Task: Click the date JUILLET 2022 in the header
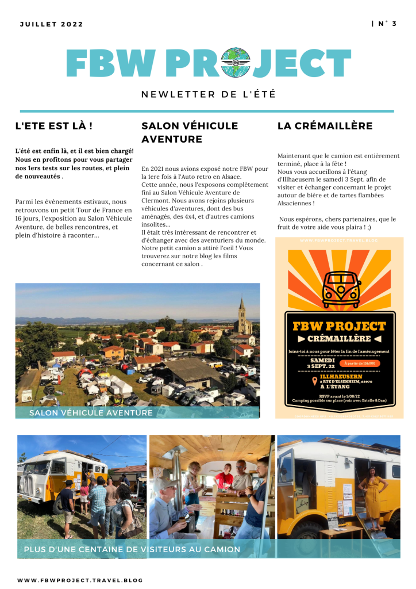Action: (x=51, y=24)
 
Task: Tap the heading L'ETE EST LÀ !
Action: (x=53, y=125)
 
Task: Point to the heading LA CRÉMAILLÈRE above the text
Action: (x=325, y=125)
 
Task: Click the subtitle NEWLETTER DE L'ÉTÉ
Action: (x=209, y=94)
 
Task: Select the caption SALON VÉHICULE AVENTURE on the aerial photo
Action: (x=91, y=412)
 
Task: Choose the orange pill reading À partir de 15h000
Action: (x=358, y=364)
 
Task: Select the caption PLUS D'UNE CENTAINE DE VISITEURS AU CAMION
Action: (x=132, y=550)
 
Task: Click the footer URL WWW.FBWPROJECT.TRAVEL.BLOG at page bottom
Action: (x=80, y=580)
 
